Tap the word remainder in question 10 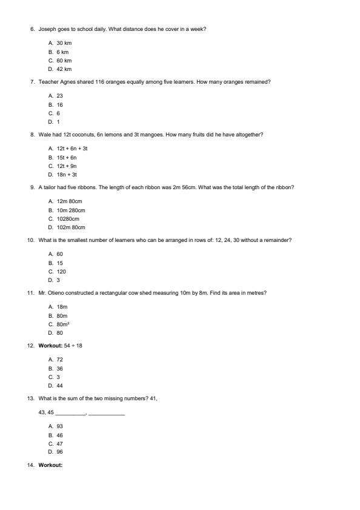(x=277, y=240)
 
